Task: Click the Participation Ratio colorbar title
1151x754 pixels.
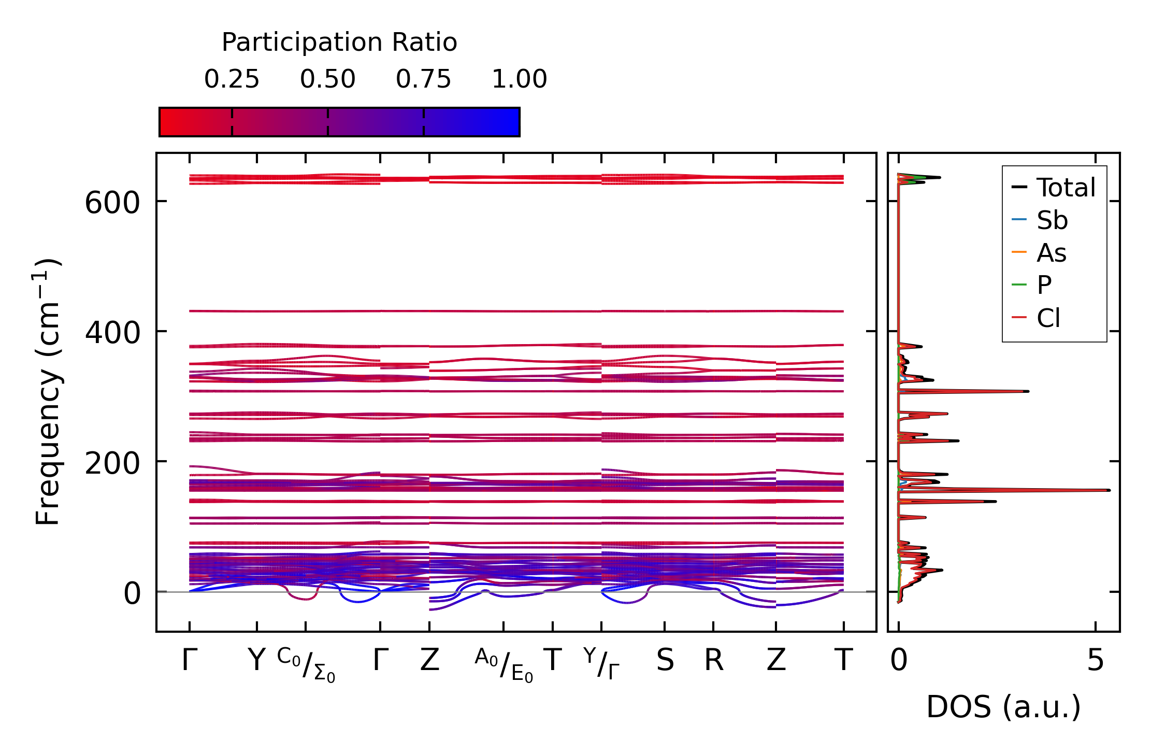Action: tap(339, 42)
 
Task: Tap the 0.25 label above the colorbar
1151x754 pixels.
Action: tap(232, 79)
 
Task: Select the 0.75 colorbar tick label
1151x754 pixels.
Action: tap(423, 79)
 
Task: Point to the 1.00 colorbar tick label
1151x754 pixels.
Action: tap(519, 79)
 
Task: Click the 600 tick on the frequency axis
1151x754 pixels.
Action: tap(112, 202)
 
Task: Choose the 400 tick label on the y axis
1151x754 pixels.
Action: tap(112, 332)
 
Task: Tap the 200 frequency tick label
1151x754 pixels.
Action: tap(112, 463)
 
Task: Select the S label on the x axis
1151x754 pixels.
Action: tap(665, 661)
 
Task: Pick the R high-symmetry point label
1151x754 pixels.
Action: tap(713, 661)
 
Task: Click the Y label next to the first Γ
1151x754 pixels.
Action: tap(256, 661)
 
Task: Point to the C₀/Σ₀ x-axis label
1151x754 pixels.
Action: tap(306, 665)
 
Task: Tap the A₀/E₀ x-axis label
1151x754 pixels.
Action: tap(503, 665)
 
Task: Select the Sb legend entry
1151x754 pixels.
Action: tap(1052, 220)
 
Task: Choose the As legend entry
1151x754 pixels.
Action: tap(1051, 253)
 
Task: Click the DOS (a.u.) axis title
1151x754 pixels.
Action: tap(1003, 707)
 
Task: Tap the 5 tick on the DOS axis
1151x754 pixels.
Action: tap(1095, 661)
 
